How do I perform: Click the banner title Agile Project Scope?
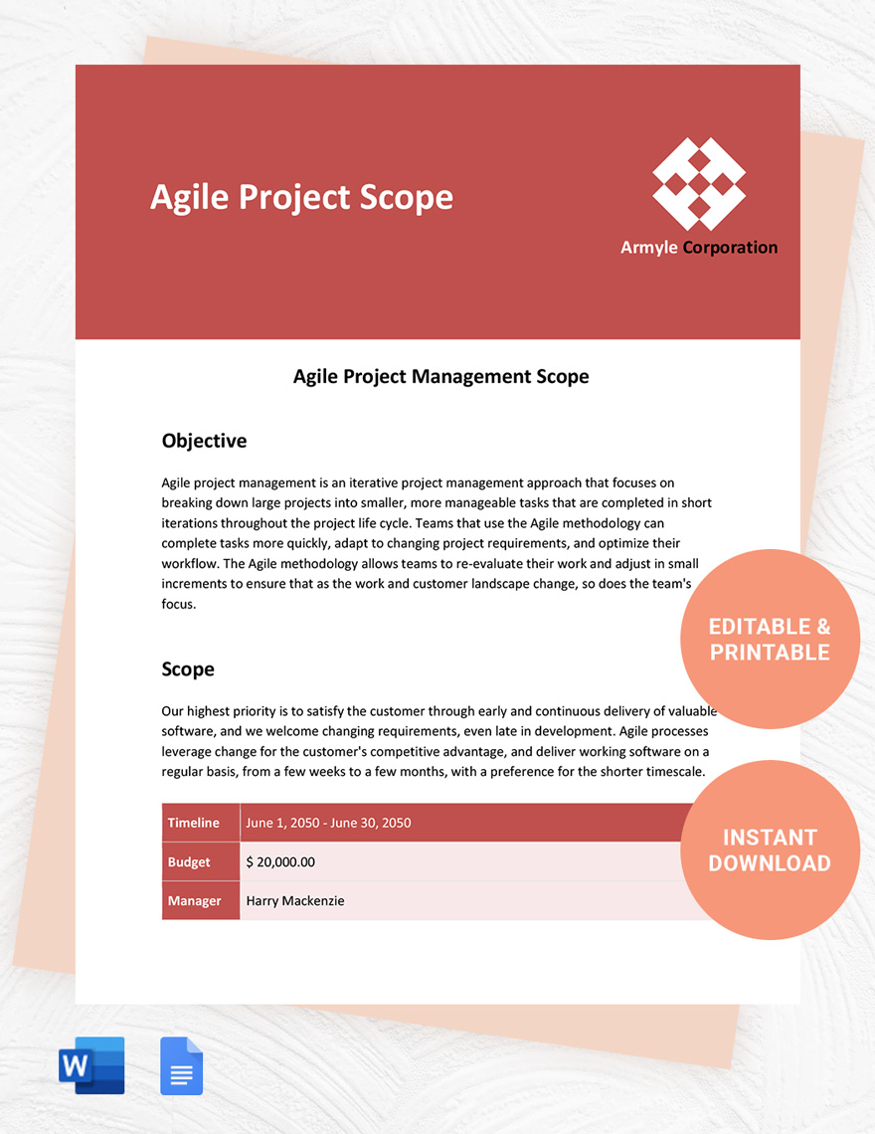301,198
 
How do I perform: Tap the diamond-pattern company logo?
699,184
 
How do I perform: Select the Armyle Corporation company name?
699,248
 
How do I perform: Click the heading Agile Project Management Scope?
440,377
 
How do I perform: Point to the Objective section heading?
204,441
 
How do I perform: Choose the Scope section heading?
188,669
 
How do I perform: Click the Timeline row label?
194,823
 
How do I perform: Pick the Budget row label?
189,862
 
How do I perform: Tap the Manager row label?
194,901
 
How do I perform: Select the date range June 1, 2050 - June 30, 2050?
328,823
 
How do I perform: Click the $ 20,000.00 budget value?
280,862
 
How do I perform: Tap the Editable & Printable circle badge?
769,640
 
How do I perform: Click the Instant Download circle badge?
769,850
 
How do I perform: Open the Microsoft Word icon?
91,1065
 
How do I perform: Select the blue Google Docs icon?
182,1066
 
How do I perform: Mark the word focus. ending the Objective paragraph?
179,604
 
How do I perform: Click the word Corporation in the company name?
730,248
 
